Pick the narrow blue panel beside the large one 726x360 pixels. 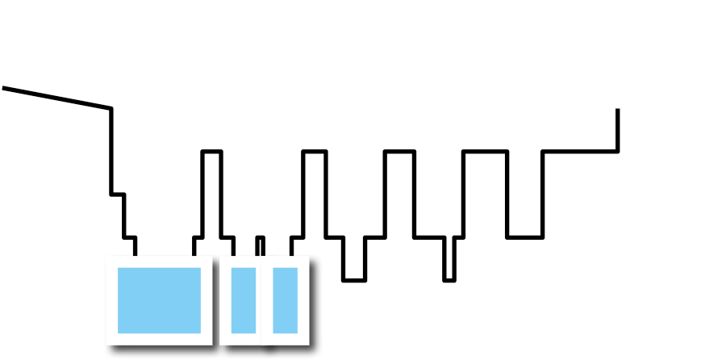(x=243, y=299)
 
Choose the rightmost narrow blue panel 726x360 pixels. (x=285, y=299)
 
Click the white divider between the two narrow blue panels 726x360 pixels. (x=264, y=299)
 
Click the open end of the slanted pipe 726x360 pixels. (x=5, y=87)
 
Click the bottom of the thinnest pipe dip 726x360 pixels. (x=447, y=280)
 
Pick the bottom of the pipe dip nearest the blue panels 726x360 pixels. (x=352, y=278)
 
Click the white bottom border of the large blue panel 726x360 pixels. (x=159, y=339)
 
